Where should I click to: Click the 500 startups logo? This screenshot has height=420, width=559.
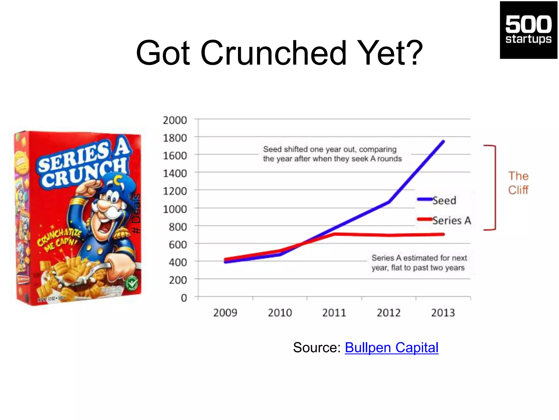[x=528, y=30]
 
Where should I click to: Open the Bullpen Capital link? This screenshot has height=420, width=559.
[x=391, y=348]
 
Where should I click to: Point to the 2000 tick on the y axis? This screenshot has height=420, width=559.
[x=175, y=120]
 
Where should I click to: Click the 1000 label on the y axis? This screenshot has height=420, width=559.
[x=175, y=209]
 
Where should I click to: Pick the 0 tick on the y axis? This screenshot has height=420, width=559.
[x=184, y=298]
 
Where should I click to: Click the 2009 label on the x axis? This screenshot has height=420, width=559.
[x=225, y=313]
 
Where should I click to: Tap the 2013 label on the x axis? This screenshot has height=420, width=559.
[x=443, y=313]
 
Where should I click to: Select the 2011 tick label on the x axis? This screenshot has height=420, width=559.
[x=334, y=313]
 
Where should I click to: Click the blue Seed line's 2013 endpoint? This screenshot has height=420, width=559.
[x=443, y=142]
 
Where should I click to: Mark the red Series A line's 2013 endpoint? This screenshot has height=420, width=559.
[x=443, y=234]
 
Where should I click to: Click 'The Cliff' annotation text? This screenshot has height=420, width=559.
[x=518, y=183]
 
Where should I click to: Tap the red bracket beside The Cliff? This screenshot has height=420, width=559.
[x=495, y=188]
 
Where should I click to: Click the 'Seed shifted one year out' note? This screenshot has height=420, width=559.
[x=332, y=154]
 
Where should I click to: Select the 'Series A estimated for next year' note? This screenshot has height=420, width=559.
[x=419, y=262]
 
